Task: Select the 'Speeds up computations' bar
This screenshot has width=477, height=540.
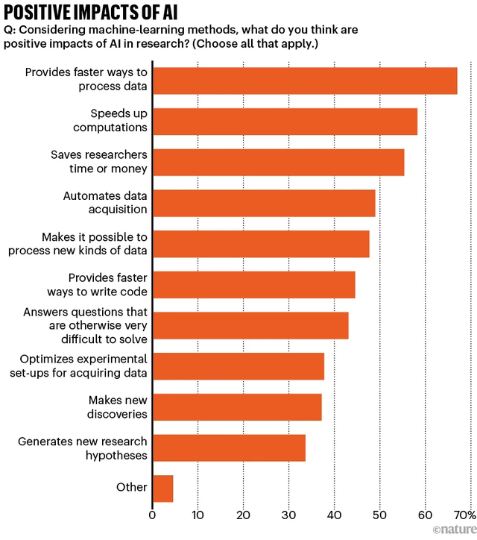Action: point(284,121)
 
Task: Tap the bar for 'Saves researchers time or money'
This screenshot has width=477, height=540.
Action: point(277,162)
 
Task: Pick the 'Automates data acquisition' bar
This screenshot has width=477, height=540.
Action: point(263,203)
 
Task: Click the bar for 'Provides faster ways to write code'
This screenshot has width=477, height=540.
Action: point(253,285)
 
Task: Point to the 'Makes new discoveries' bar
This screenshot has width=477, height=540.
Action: point(236,407)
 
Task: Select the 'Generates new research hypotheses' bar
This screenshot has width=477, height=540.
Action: point(228,448)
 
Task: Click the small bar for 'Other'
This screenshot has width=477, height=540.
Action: point(162,489)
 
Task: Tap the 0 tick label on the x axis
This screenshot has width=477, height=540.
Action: point(152,515)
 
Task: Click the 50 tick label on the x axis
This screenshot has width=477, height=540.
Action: point(379,515)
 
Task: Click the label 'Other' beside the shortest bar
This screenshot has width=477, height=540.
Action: point(131,488)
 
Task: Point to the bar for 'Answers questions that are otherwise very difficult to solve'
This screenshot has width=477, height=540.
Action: point(250,326)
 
